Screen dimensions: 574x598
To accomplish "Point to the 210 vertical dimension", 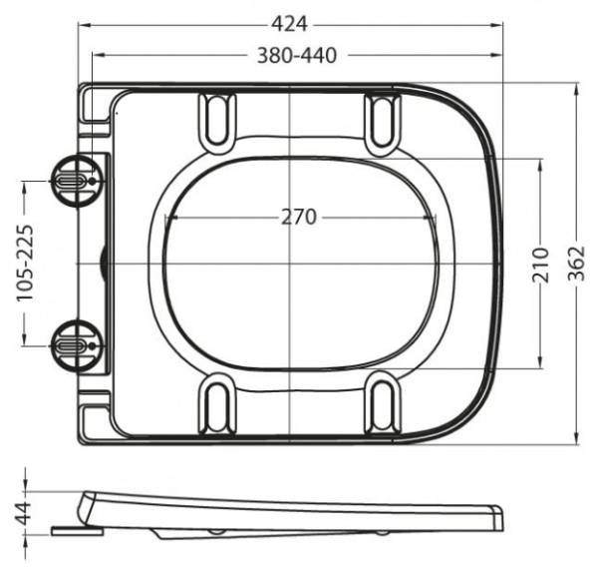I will [540, 264].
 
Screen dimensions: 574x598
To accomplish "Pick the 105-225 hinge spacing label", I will [29, 265].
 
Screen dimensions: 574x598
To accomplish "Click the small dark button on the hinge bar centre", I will [106, 264].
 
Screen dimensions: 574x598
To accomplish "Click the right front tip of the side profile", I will [497, 520].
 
